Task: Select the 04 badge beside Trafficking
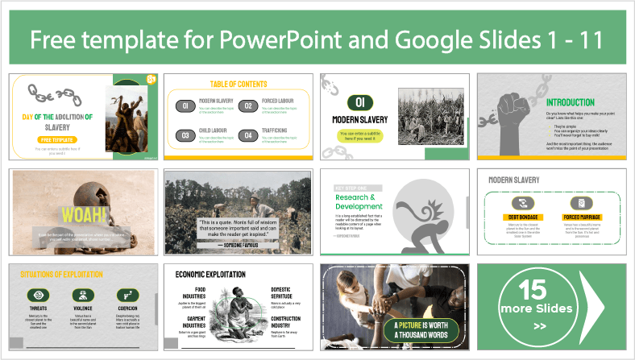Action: pyautogui.click(x=249, y=134)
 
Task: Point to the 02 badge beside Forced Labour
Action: pyautogui.click(x=249, y=106)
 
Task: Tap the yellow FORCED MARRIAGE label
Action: pyautogui.click(x=583, y=217)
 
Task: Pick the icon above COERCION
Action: pyautogui.click(x=125, y=294)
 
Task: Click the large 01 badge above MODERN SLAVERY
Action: pyautogui.click(x=360, y=102)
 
